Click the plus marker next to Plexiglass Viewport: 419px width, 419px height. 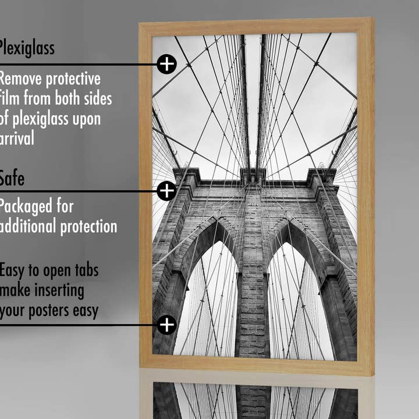tap(166, 64)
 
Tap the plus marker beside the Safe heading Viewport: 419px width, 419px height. tap(166, 190)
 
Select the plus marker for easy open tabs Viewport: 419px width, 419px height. tap(166, 325)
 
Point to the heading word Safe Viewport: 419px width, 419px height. tap(12, 178)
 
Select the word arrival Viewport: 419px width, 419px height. tap(17, 139)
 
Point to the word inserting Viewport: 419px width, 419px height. tap(59, 290)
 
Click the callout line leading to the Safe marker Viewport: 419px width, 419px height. tap(76, 190)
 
